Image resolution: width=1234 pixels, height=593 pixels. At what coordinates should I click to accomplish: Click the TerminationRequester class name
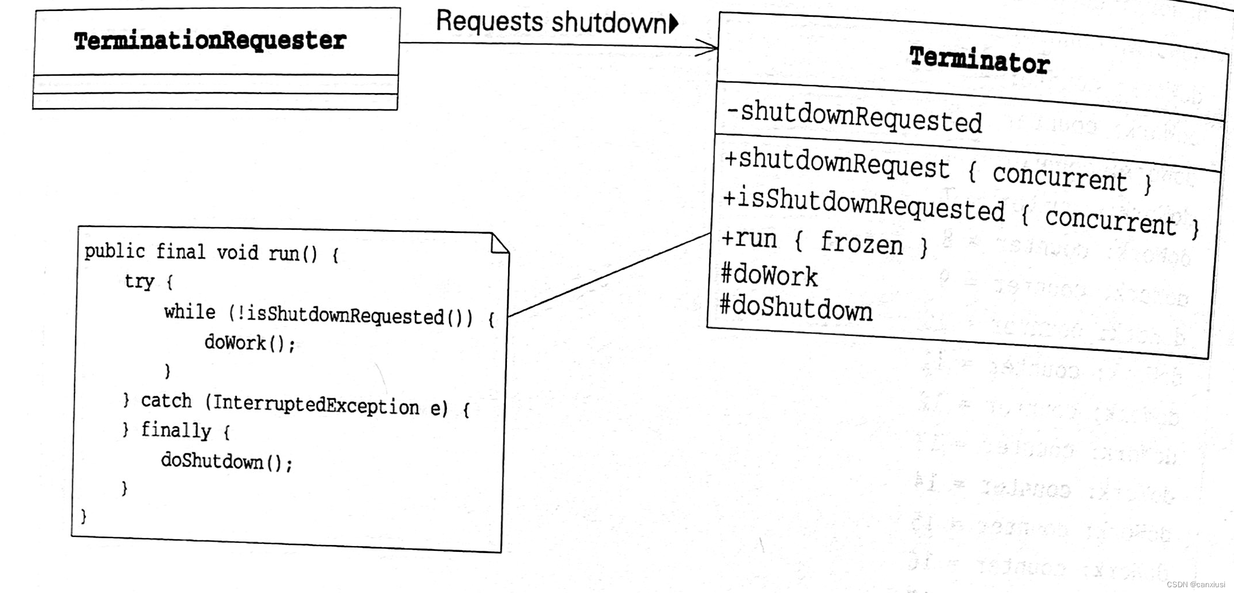210,41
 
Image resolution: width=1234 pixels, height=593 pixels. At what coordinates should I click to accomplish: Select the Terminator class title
979,60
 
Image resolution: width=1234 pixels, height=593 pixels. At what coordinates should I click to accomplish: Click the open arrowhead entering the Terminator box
707,48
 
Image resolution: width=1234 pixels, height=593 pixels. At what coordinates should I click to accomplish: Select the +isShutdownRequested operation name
864,203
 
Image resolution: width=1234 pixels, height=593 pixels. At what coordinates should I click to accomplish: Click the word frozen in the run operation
861,243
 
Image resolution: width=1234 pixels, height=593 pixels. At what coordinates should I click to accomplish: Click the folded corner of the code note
499,243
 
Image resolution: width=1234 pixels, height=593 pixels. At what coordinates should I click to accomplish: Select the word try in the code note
139,281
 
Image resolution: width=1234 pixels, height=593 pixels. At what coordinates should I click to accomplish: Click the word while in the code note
190,312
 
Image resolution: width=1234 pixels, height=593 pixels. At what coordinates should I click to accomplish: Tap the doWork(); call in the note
250,343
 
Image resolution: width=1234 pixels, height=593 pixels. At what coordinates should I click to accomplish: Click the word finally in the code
176,431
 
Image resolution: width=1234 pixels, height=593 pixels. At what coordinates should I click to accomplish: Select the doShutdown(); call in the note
227,461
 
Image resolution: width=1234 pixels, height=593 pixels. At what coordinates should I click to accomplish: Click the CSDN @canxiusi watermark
1195,584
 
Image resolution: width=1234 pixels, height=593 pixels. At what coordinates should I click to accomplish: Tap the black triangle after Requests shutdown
673,23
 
